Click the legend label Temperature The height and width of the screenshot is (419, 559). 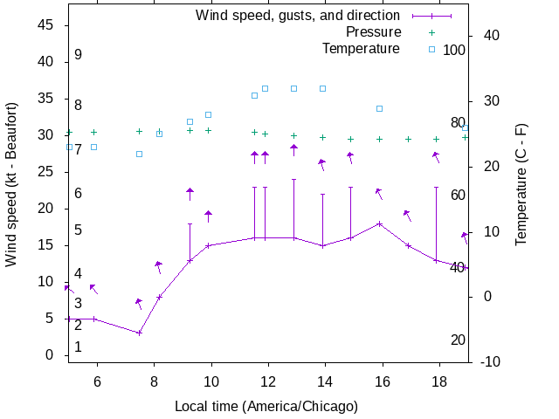coord(361,48)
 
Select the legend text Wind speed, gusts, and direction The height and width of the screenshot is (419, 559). coord(297,15)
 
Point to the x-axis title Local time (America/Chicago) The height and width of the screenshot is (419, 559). coord(266,406)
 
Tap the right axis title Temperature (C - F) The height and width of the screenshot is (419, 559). coord(521,184)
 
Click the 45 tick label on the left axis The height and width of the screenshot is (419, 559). coord(47,25)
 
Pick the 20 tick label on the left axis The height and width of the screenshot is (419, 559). coord(47,209)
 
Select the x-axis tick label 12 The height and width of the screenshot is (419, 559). coord(267,381)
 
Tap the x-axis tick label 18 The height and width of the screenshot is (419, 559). coord(438,381)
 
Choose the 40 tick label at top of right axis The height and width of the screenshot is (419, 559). coord(490,35)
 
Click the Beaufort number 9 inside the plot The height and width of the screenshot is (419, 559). coord(78,54)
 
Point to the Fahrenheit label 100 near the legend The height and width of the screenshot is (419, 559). coord(454,50)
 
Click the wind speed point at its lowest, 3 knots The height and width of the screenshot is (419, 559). coord(139,333)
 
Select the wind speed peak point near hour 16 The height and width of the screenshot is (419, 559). coord(379,223)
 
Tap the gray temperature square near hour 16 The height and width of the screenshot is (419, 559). coord(379,108)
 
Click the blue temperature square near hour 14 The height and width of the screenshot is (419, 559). coord(322,88)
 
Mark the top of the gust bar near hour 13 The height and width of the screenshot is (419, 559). coord(293,180)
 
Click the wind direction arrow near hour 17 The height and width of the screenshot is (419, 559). coord(407,215)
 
